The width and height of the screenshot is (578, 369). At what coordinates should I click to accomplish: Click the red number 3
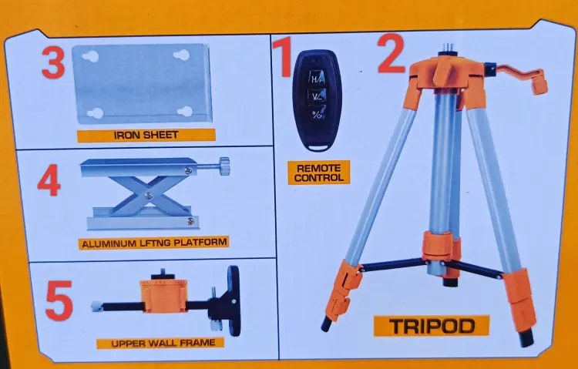[x=53, y=62]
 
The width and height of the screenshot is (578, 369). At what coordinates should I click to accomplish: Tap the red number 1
[x=284, y=58]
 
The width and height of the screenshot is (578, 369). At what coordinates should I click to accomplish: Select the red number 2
[x=391, y=53]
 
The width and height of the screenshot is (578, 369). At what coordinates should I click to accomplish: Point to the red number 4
[x=49, y=180]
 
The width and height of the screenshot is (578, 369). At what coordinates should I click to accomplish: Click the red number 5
[x=59, y=300]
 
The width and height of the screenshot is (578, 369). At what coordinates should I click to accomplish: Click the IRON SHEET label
[x=146, y=136]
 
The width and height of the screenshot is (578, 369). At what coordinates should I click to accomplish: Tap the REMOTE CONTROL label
[x=319, y=173]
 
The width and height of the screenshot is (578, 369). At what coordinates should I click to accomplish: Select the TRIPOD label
[x=432, y=326]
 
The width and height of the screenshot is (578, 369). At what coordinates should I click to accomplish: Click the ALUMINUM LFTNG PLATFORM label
[x=153, y=243]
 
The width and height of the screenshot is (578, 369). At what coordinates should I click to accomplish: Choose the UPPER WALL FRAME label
[x=160, y=344]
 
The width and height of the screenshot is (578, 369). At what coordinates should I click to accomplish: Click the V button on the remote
[x=317, y=96]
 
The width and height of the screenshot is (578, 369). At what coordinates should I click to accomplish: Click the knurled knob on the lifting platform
[x=223, y=166]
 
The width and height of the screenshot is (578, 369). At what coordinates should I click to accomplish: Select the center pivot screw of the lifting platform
[x=148, y=196]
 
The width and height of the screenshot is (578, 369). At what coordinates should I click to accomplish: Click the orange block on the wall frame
[x=163, y=296]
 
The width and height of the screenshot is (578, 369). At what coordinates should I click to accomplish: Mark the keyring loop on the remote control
[x=318, y=147]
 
